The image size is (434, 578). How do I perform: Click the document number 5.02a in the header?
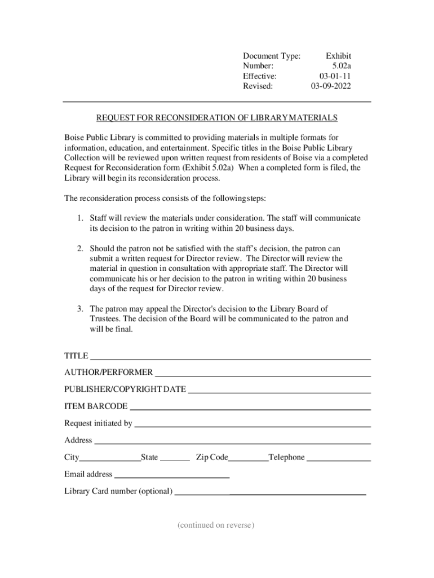point(342,66)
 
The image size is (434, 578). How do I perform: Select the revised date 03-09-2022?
point(331,86)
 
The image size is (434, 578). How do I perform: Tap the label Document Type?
point(271,56)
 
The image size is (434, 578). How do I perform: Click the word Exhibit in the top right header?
point(338,56)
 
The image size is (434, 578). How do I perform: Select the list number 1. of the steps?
point(81,218)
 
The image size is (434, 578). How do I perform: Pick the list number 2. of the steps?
point(81,248)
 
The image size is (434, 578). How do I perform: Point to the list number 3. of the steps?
point(81,309)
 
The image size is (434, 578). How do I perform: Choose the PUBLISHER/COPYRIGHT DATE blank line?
point(279,391)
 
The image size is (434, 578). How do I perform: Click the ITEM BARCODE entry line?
point(250,408)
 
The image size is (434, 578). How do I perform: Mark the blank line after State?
point(175,459)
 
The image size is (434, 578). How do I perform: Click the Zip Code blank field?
point(248,459)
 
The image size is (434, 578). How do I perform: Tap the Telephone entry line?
point(338,459)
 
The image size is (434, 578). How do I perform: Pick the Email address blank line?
point(171,476)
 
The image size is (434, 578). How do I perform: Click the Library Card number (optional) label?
point(118,491)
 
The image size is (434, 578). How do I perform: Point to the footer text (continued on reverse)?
point(216,526)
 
